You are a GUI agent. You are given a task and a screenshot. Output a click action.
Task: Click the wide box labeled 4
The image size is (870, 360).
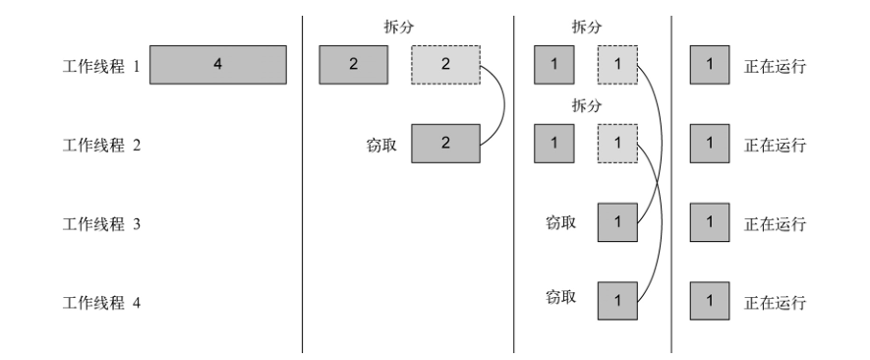pos(217,66)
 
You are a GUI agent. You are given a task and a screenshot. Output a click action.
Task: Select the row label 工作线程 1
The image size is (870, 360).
pos(101,67)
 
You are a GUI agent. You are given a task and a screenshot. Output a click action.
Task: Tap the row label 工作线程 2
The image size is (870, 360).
pos(101,145)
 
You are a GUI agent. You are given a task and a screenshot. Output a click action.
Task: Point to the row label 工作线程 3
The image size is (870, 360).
pos(101,223)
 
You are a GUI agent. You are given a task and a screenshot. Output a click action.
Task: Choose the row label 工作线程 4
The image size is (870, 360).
pos(101,302)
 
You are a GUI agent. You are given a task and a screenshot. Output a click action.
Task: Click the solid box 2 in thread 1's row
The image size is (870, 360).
pos(353,66)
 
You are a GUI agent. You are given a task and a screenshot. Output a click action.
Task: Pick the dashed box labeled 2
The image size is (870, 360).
pos(444,66)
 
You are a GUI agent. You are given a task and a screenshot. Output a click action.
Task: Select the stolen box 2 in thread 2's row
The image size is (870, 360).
pos(444,144)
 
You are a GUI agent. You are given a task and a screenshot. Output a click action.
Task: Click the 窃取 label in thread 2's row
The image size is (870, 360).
pos(379,145)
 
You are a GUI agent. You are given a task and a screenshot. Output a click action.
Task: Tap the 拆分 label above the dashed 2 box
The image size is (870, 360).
pos(398,29)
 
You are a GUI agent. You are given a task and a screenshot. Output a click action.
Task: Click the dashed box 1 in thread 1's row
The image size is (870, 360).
pos(617,66)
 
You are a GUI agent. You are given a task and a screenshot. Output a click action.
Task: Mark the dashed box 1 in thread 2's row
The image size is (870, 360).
pos(617,144)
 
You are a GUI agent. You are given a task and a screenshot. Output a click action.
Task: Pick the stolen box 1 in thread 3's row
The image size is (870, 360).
pos(617,222)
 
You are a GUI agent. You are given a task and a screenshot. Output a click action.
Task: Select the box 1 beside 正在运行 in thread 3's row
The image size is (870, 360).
pos(710,222)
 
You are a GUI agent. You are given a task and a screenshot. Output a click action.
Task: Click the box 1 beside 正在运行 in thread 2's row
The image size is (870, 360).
pos(710,144)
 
